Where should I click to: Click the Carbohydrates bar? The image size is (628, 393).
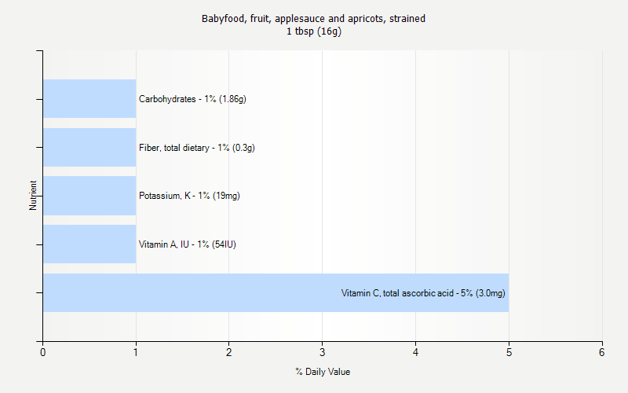point(89,99)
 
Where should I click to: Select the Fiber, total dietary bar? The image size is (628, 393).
point(89,148)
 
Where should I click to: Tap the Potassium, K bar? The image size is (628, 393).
point(89,196)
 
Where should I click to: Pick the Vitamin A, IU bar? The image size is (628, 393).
point(89,244)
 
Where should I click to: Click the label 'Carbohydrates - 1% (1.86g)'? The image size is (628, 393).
point(192,99)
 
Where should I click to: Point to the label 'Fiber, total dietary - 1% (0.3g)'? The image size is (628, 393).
point(196,148)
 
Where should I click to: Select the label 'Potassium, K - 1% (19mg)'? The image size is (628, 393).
point(189,196)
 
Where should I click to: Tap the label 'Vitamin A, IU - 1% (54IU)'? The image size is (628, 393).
point(188,244)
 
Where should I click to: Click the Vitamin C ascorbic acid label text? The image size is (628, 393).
point(423,293)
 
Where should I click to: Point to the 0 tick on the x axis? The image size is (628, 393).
point(42,352)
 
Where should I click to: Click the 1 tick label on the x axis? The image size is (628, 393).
point(136,352)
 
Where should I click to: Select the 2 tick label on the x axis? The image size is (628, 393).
point(229,352)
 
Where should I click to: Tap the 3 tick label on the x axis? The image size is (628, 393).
point(322,352)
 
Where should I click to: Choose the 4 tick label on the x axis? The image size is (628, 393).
point(415,352)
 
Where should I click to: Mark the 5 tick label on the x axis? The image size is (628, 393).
point(509,352)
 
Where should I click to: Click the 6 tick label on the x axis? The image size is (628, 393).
point(602,352)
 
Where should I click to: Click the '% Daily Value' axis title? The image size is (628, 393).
point(322,372)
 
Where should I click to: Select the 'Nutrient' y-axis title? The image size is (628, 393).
point(33,196)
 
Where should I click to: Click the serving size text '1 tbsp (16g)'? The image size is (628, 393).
point(314,31)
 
